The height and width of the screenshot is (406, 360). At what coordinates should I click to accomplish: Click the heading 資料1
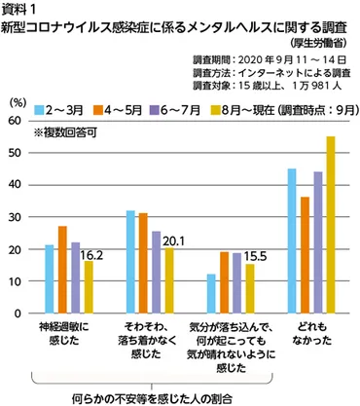click(x=23, y=9)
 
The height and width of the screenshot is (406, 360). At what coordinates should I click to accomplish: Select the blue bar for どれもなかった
click(x=291, y=241)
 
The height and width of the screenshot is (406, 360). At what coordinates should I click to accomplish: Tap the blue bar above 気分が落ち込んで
click(x=212, y=294)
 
